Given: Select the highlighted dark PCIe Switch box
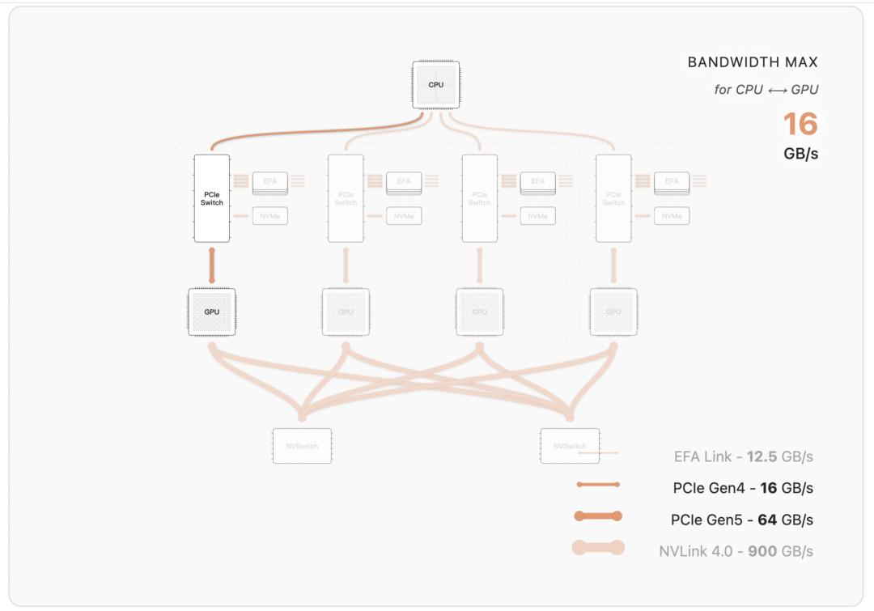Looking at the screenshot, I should pyautogui.click(x=212, y=198).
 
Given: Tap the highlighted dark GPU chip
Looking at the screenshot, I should pyautogui.click(x=212, y=312).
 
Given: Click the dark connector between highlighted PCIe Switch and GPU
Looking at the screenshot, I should pyautogui.click(x=212, y=265).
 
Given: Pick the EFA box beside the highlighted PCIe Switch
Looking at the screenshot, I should pyautogui.click(x=269, y=181).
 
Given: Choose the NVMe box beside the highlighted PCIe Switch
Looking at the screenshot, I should pyautogui.click(x=269, y=216).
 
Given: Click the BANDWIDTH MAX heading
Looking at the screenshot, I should pyautogui.click(x=752, y=62).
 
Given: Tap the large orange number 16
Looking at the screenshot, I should pyautogui.click(x=800, y=124).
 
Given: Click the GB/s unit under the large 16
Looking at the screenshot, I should pyautogui.click(x=800, y=154).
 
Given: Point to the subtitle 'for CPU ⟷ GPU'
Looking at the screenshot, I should pyautogui.click(x=766, y=90).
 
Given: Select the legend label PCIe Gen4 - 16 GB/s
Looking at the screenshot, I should pyautogui.click(x=743, y=488).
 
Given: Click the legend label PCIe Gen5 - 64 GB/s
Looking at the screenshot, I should pyautogui.click(x=742, y=520).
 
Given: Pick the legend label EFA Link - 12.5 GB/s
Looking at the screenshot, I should pyautogui.click(x=743, y=456).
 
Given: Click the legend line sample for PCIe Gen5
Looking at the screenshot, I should pyautogui.click(x=597, y=516).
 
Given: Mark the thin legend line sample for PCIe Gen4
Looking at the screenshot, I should pyautogui.click(x=597, y=485).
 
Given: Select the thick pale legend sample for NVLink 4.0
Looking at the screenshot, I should pyautogui.click(x=597, y=548).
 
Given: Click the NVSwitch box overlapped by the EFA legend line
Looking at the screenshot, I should pyautogui.click(x=570, y=446).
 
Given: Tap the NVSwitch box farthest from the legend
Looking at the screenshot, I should pyautogui.click(x=302, y=446).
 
